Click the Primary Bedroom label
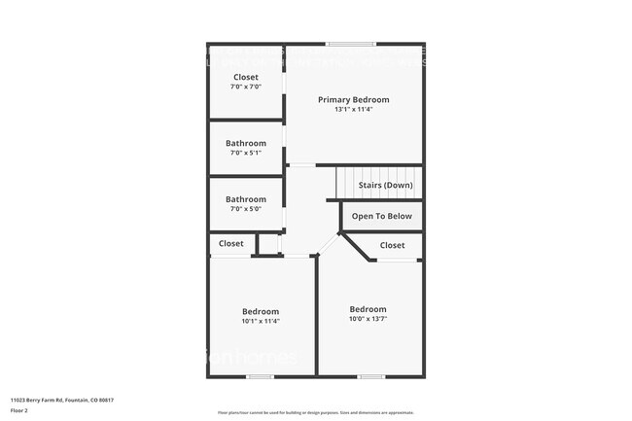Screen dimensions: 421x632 pos(353,100)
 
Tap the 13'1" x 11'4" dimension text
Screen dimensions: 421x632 pos(353,110)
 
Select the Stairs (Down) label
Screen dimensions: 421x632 pos(385,185)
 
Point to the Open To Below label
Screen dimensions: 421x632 pos(382,216)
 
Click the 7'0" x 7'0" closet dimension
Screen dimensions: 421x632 pos(246,87)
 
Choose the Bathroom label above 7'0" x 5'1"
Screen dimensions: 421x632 pos(246,143)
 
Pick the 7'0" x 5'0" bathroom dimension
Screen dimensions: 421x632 pos(246,209)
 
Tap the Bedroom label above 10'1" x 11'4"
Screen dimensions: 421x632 pos(261,311)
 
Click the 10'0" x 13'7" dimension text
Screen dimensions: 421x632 pos(368,319)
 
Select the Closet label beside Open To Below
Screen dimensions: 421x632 pos(392,245)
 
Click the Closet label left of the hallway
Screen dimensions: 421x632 pos(231,243)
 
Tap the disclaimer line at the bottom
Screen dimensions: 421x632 pos(316,412)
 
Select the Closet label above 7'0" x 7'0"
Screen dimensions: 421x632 pos(246,77)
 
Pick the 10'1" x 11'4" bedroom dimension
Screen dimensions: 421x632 pos(261,321)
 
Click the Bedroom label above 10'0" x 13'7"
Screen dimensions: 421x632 pos(368,309)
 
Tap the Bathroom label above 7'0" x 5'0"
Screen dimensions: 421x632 pos(246,199)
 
